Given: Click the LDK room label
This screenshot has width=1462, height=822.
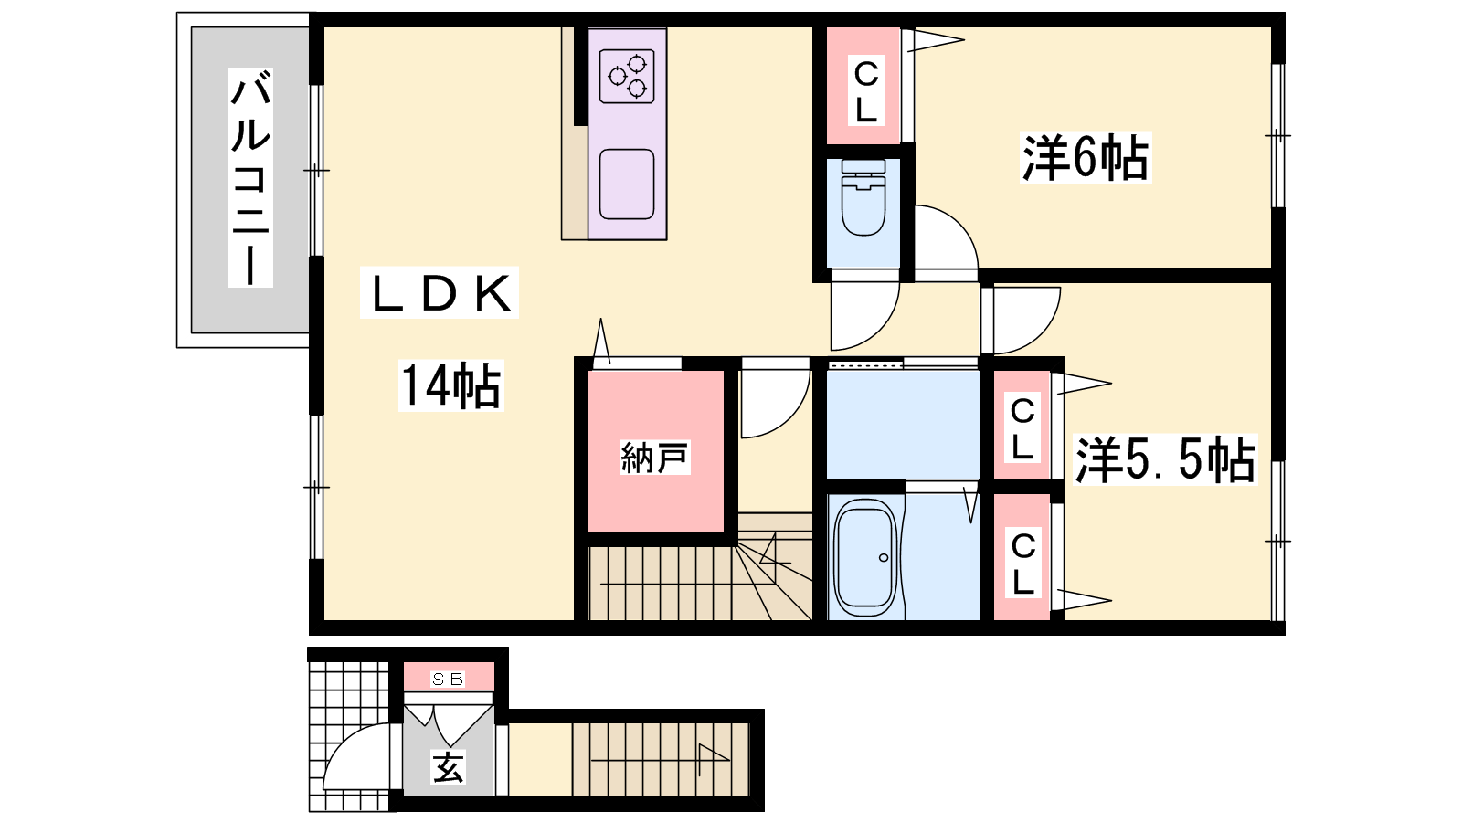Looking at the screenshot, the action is pyautogui.click(x=440, y=293).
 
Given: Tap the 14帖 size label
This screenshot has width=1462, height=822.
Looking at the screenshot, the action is pyautogui.click(x=451, y=385).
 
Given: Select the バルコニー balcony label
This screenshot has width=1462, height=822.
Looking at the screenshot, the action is pyautogui.click(x=250, y=178).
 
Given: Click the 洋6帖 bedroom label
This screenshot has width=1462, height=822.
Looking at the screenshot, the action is pyautogui.click(x=1086, y=157).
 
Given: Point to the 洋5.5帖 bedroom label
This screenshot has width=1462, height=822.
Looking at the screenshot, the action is pyautogui.click(x=1166, y=460).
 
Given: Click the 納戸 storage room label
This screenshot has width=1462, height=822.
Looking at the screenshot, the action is pyautogui.click(x=654, y=458).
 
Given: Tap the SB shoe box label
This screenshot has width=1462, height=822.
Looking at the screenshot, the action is pyautogui.click(x=448, y=680).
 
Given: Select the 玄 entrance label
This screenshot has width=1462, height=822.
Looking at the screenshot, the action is pyautogui.click(x=448, y=767).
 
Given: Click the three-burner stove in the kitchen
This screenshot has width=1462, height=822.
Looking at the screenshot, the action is pyautogui.click(x=627, y=77).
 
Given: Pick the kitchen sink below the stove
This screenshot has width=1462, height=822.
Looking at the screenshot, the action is pyautogui.click(x=627, y=184).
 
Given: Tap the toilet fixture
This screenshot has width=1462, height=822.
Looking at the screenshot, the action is pyautogui.click(x=863, y=197).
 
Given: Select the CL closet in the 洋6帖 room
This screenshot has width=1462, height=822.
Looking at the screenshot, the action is pyautogui.click(x=864, y=86).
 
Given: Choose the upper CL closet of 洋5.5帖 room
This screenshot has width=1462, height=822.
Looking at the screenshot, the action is pyautogui.click(x=1022, y=425).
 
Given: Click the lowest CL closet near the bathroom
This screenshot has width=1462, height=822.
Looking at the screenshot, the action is pyautogui.click(x=1022, y=556).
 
